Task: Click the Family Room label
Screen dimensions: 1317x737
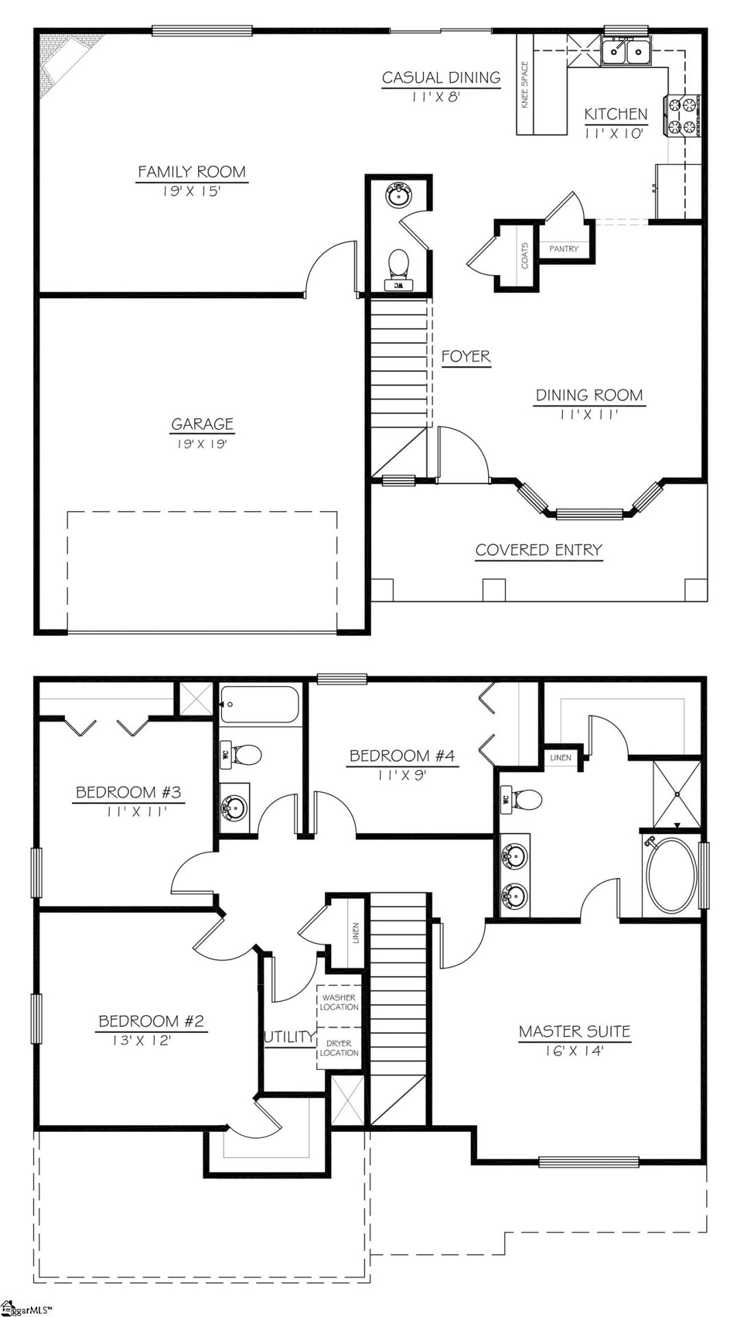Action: click(191, 171)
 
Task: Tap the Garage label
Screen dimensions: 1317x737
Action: click(202, 424)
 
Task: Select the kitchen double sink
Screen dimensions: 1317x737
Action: click(626, 51)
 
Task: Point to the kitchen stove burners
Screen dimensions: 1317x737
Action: click(681, 116)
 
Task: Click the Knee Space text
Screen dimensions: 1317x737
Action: click(525, 85)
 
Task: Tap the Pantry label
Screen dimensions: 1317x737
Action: click(564, 249)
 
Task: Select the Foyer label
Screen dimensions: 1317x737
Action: click(466, 357)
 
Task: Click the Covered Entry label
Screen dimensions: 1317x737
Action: click(539, 550)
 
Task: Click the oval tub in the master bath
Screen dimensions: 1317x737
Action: click(670, 875)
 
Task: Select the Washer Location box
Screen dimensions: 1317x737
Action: click(339, 1002)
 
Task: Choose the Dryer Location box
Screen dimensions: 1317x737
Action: click(339, 1048)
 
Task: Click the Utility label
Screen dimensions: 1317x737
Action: click(289, 1036)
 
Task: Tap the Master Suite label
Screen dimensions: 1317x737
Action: click(574, 1031)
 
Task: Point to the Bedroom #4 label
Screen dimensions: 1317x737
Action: click(402, 756)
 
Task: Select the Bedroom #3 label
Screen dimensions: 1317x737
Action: click(128, 792)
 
